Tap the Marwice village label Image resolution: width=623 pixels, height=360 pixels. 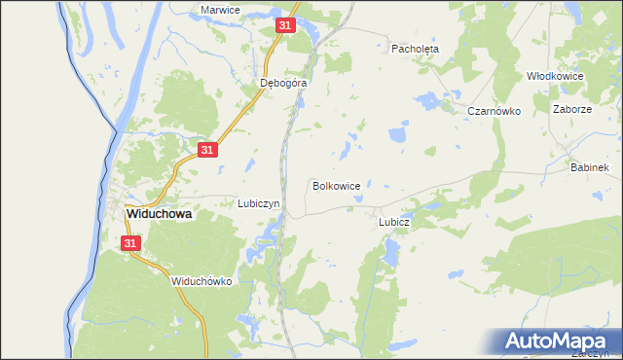click(220, 10)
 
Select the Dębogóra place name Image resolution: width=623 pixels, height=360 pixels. click(284, 84)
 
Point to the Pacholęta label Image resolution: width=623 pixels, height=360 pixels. click(416, 48)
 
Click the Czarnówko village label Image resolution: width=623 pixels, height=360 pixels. click(495, 112)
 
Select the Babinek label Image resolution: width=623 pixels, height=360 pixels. click(590, 168)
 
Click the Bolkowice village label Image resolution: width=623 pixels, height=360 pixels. click(337, 185)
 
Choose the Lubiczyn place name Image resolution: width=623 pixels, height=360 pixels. click(259, 204)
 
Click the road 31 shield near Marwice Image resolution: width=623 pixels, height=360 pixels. click(285, 26)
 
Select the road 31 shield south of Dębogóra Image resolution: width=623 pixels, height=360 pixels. click(206, 149)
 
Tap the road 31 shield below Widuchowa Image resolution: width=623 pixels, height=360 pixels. click(133, 243)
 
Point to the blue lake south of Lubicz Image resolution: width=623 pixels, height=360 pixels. click(390, 255)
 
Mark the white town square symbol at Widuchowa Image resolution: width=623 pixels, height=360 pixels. click(116, 214)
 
